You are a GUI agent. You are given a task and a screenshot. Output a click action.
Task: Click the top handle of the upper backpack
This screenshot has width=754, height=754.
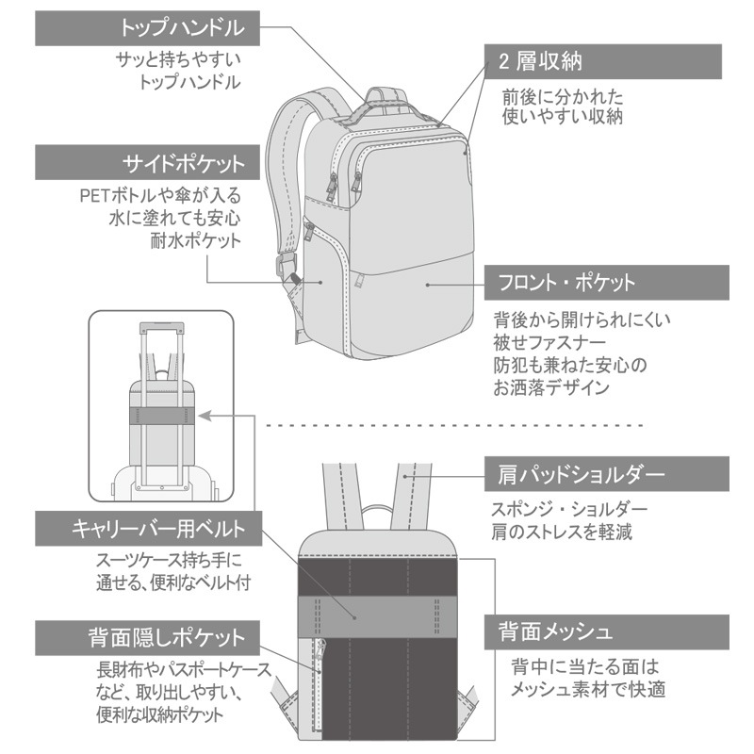coord(386,95)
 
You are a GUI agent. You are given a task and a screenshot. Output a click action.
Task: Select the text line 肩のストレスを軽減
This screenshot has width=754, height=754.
coord(560,531)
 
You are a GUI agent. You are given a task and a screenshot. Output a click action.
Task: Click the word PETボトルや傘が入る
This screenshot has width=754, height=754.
coord(160,198)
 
